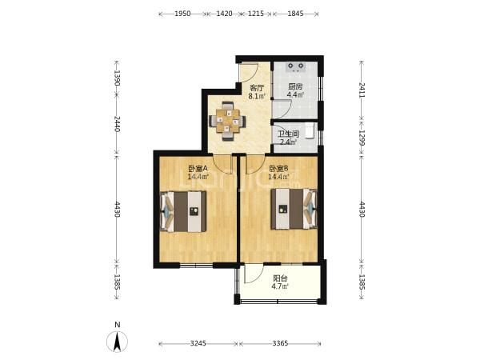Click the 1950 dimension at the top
(x=182, y=14)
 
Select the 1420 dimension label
(x=224, y=14)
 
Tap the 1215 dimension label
(x=256, y=14)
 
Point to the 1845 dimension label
(x=295, y=14)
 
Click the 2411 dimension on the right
(x=362, y=90)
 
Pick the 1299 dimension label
(x=362, y=138)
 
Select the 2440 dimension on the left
(x=117, y=124)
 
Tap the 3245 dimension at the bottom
(x=198, y=343)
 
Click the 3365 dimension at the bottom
(x=280, y=343)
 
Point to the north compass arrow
(x=117, y=341)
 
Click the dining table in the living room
(x=227, y=121)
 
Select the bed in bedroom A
(x=183, y=211)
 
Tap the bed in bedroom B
(x=294, y=209)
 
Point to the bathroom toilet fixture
(x=310, y=131)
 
